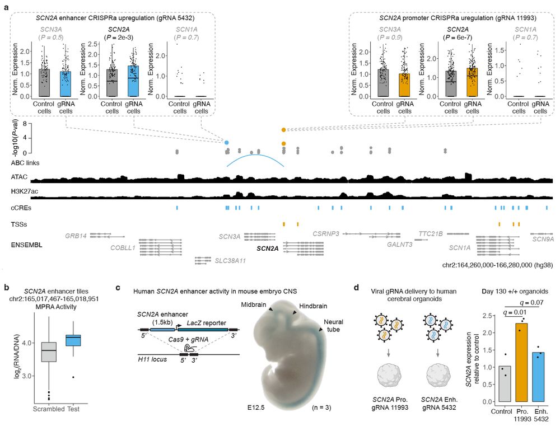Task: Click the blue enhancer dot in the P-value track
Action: point(227,143)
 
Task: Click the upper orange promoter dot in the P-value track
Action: point(284,130)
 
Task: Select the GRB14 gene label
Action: point(76,236)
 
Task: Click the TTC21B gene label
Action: point(431,233)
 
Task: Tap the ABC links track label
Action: point(27,162)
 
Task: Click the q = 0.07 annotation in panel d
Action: point(523,303)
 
